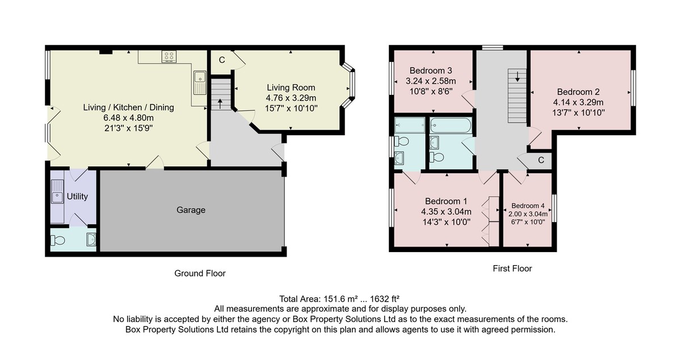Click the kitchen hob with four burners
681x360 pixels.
(x=169, y=57)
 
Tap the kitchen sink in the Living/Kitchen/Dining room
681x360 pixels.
(x=200, y=83)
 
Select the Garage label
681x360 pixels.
(x=191, y=210)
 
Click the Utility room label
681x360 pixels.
(x=77, y=196)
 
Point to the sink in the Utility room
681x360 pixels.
(x=57, y=192)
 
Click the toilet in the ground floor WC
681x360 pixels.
(x=58, y=241)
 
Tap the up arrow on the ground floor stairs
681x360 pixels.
(x=220, y=103)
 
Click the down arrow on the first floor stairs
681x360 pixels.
(x=517, y=77)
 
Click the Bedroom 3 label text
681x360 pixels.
(x=431, y=70)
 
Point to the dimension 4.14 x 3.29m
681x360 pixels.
(x=578, y=102)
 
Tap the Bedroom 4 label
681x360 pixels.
(x=528, y=206)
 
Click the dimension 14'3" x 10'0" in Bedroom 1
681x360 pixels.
(x=446, y=222)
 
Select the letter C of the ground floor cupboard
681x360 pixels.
(x=222, y=60)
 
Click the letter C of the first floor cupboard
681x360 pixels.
(x=541, y=160)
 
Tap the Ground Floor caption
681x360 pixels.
(x=200, y=273)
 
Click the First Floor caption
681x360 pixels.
(x=512, y=269)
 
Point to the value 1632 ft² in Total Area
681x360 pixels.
(x=385, y=299)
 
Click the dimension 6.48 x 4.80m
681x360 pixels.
(x=129, y=118)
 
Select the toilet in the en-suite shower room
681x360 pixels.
(x=402, y=141)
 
